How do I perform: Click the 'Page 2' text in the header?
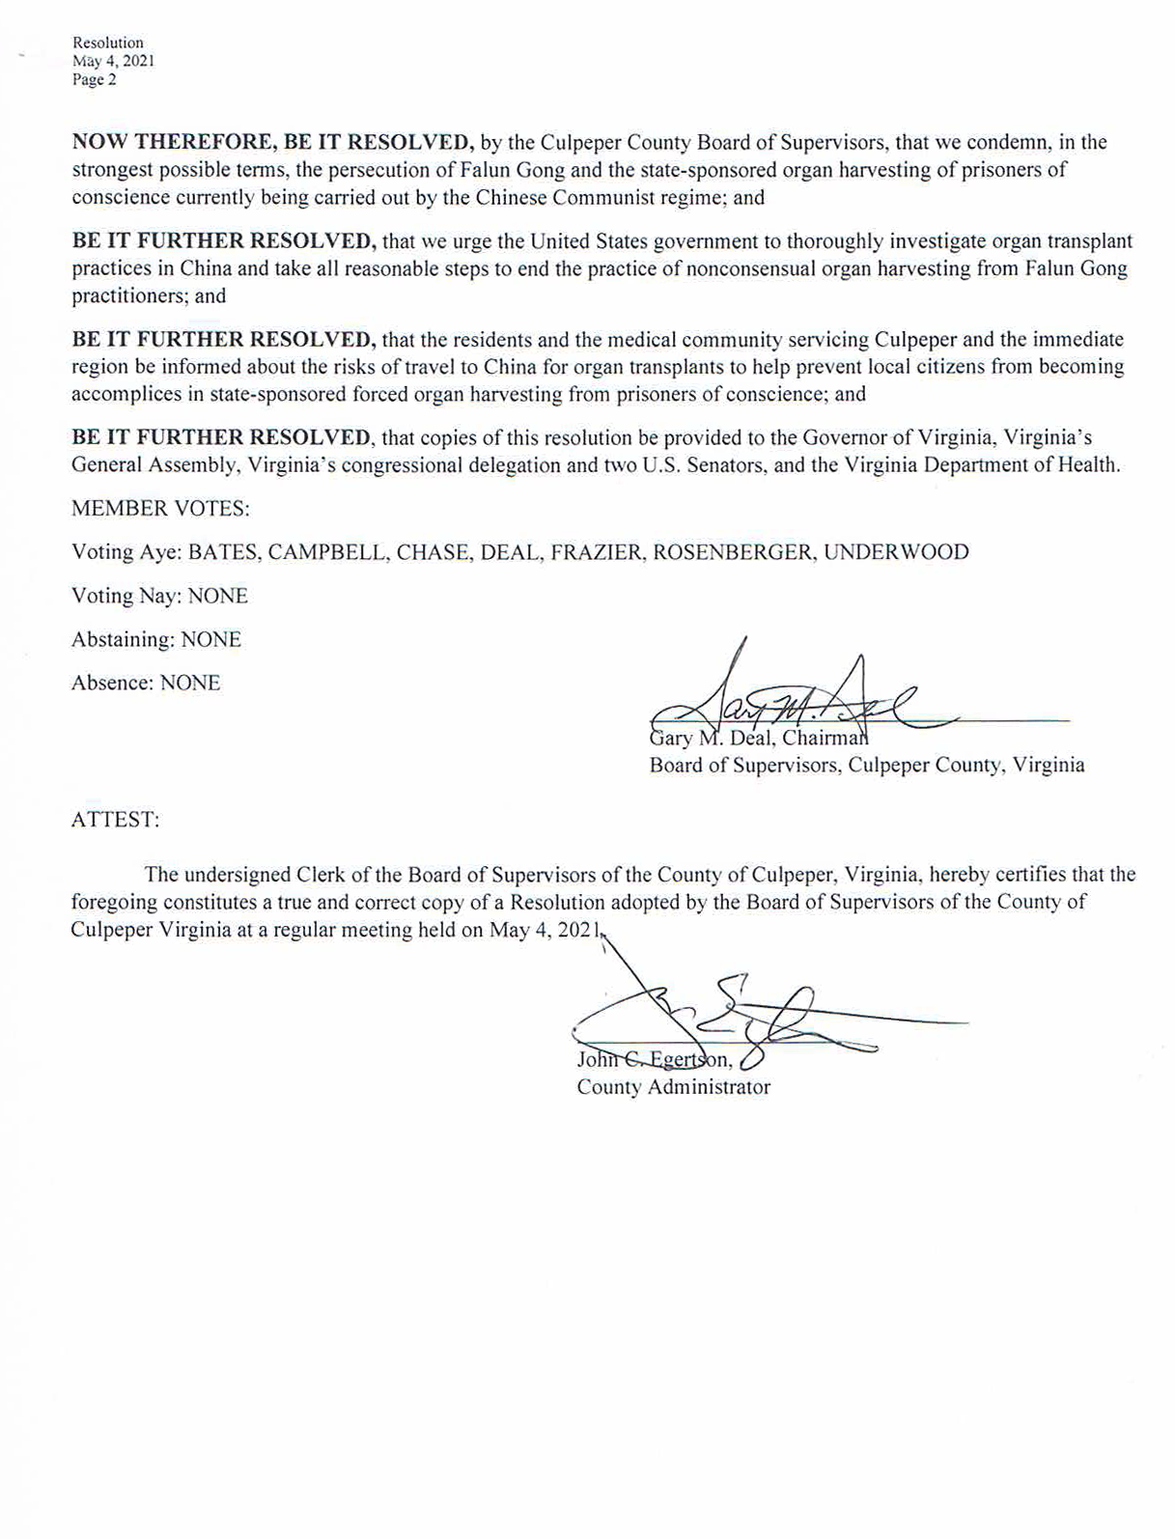[94, 80]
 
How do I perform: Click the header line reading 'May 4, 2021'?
[113, 61]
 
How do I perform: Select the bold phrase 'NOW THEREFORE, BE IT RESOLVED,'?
[272, 142]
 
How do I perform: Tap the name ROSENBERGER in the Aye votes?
[732, 552]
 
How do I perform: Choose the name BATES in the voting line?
[221, 552]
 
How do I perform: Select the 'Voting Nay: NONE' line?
[159, 596]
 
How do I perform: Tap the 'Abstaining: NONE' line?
[156, 639]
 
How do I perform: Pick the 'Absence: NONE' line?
[146, 683]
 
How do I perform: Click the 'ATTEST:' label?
[115, 820]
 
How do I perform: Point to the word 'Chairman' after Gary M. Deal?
[826, 740]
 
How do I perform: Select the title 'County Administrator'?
[673, 1087]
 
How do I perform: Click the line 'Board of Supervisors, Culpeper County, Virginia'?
[866, 766]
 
